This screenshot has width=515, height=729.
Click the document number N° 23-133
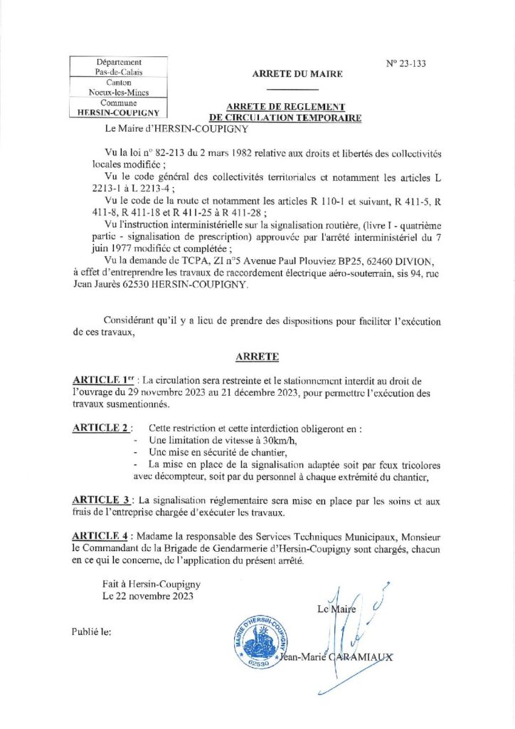coord(406,63)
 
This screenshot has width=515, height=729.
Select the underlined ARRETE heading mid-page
coord(258,356)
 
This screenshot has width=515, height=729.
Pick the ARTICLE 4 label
coord(101,535)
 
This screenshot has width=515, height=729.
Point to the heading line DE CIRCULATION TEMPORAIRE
coord(285,117)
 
